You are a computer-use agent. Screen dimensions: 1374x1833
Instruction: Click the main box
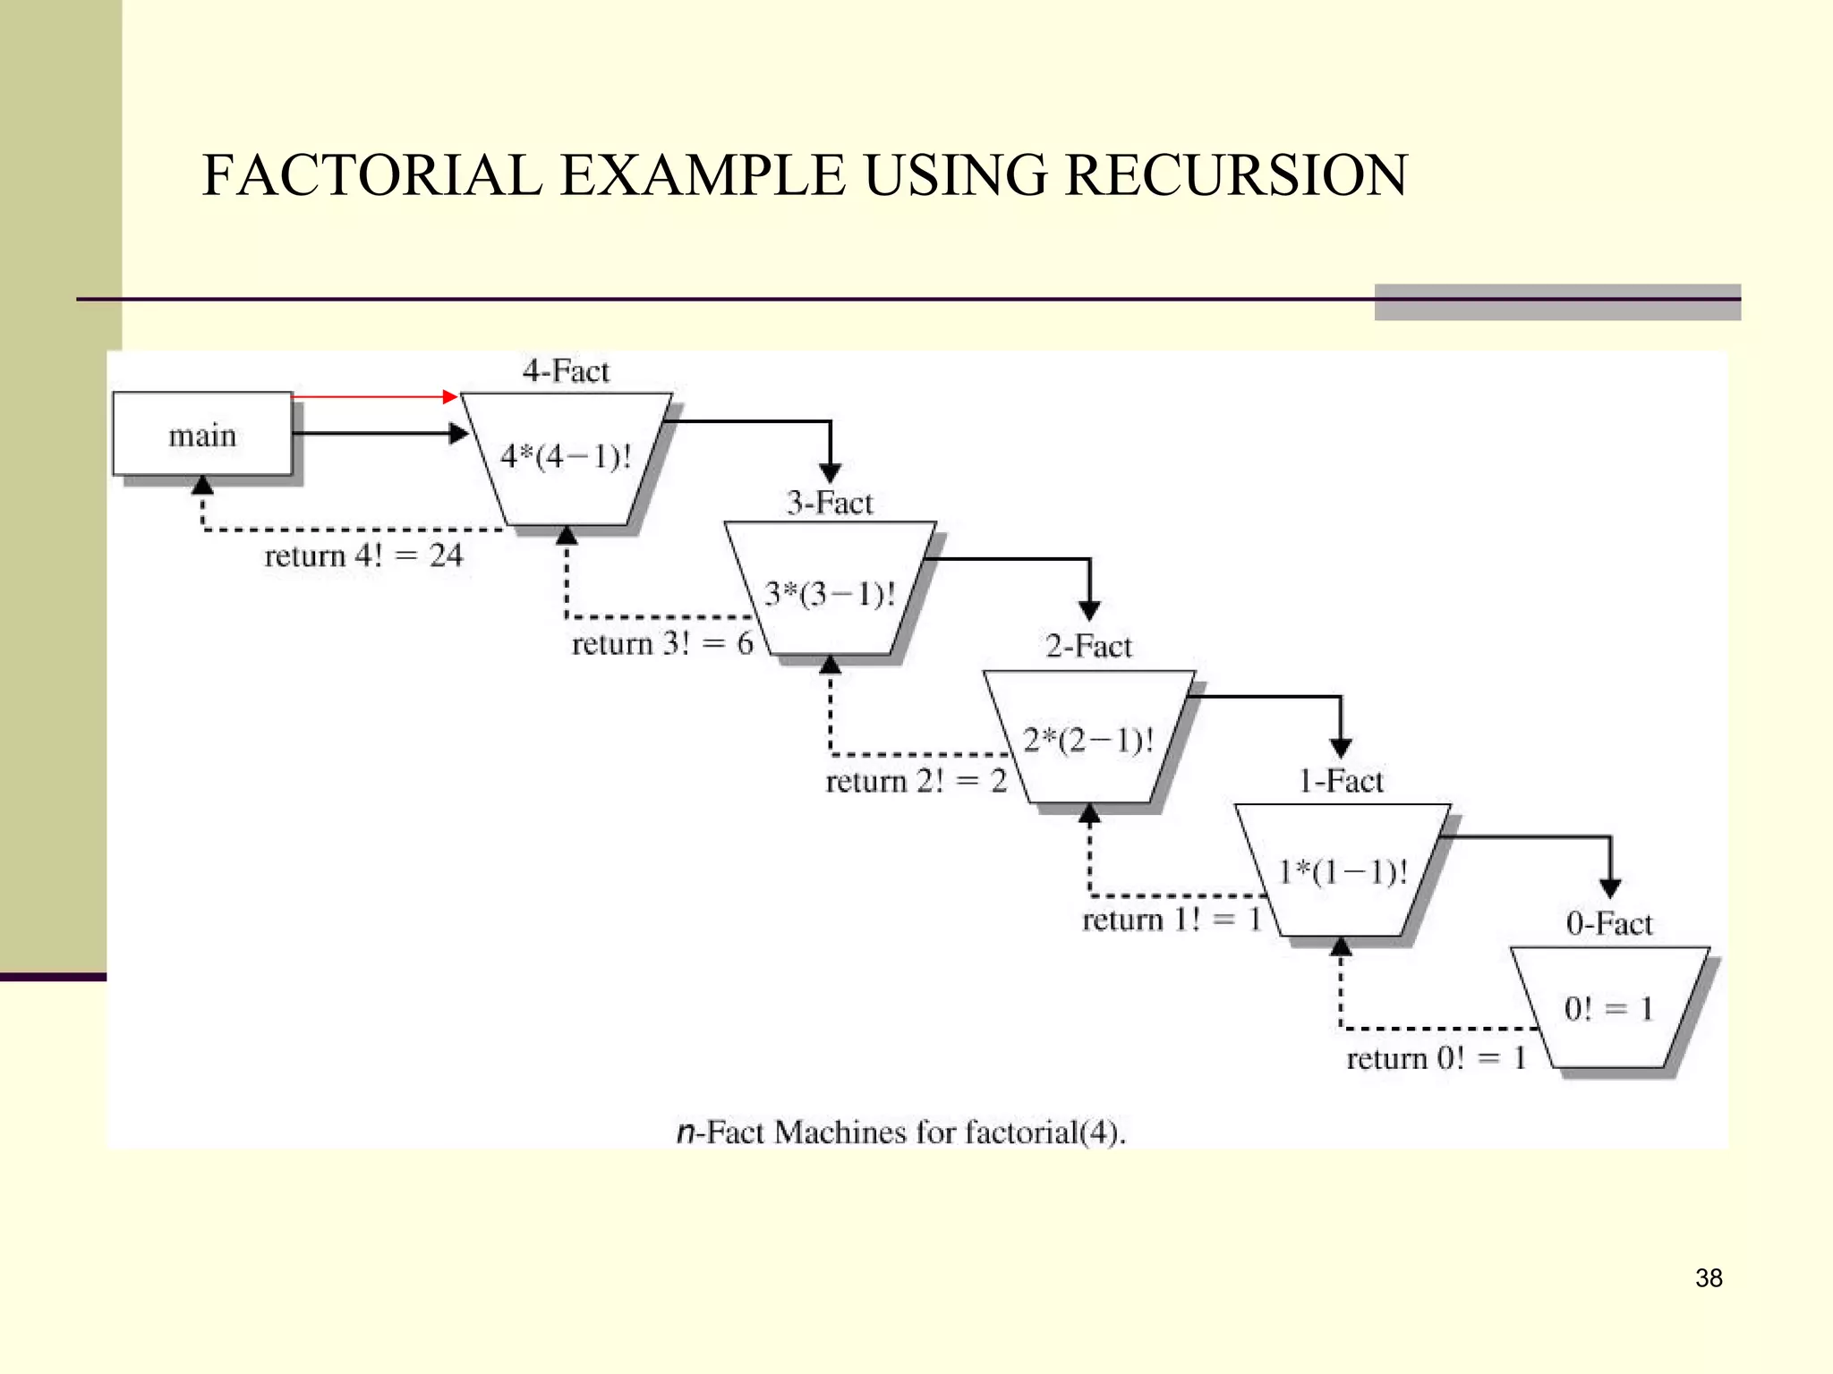(x=202, y=435)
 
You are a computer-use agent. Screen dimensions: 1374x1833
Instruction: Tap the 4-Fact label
(x=566, y=370)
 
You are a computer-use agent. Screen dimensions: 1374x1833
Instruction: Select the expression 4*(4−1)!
(x=566, y=456)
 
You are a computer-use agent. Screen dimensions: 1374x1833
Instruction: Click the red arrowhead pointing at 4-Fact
(x=451, y=396)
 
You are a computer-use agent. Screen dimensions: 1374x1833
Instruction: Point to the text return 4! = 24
(x=363, y=556)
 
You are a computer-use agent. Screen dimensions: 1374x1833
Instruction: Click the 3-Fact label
(x=830, y=503)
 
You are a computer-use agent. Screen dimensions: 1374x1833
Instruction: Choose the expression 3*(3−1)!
(x=830, y=594)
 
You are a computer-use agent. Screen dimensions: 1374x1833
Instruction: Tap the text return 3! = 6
(x=662, y=643)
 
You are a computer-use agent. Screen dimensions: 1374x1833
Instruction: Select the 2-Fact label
(x=1088, y=646)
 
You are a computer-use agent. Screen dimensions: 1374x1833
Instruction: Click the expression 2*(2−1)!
(x=1088, y=741)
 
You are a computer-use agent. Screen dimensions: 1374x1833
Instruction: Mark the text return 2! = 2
(x=916, y=781)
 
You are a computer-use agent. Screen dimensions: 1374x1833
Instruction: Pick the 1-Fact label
(x=1341, y=781)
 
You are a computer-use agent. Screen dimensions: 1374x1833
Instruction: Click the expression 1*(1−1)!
(x=1343, y=871)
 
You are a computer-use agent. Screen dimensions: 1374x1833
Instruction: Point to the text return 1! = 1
(x=1172, y=920)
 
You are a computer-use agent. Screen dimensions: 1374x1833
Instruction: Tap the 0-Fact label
(x=1609, y=923)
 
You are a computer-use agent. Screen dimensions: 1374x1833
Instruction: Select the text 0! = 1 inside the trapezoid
(x=1609, y=1009)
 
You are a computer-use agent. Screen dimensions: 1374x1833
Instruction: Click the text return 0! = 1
(x=1436, y=1058)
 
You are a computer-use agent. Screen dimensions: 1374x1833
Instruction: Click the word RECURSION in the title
(x=1236, y=174)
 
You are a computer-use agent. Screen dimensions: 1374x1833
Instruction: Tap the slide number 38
(x=1709, y=1278)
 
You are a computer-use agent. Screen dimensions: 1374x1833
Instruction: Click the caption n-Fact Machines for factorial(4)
(x=900, y=1132)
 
